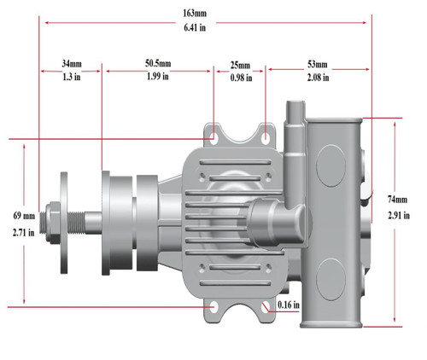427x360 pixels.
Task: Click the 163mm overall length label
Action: coord(205,13)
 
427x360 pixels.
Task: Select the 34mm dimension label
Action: coord(71,64)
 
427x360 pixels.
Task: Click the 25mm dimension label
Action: coord(240,65)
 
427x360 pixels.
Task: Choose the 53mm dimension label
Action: coord(318,64)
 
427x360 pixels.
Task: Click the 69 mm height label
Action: coord(23,215)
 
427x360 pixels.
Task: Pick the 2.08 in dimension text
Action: coord(318,78)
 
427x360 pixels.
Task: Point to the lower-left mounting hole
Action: coord(213,305)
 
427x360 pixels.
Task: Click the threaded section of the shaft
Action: coord(80,221)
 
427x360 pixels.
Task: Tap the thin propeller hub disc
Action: coord(65,221)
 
